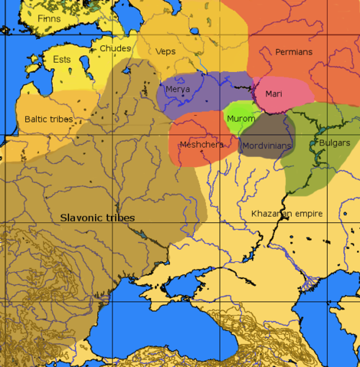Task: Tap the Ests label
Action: (x=61, y=59)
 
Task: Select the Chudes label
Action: (x=115, y=48)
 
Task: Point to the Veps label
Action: (x=165, y=51)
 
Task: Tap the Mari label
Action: (x=273, y=93)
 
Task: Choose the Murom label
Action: (x=241, y=119)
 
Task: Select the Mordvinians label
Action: (x=267, y=146)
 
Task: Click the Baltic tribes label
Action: (x=47, y=120)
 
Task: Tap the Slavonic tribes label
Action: (x=97, y=218)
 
